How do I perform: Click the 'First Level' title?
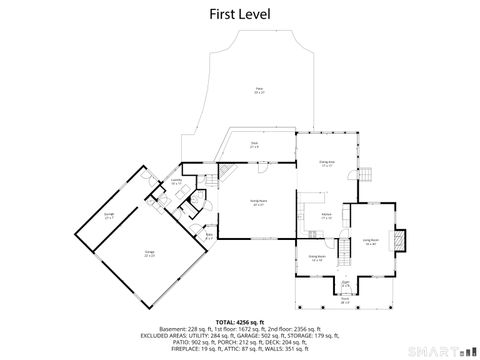pyautogui.click(x=239, y=14)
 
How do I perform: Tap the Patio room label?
pyautogui.click(x=258, y=90)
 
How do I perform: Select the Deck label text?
pyautogui.click(x=254, y=144)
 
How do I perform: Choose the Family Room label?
pyautogui.click(x=257, y=204)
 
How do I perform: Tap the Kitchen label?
pyautogui.click(x=326, y=215)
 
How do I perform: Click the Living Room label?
pyautogui.click(x=370, y=241)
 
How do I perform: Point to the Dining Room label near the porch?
pyautogui.click(x=317, y=258)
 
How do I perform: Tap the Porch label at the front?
pyautogui.click(x=344, y=299)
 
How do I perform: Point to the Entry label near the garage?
pyautogui.click(x=209, y=236)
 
